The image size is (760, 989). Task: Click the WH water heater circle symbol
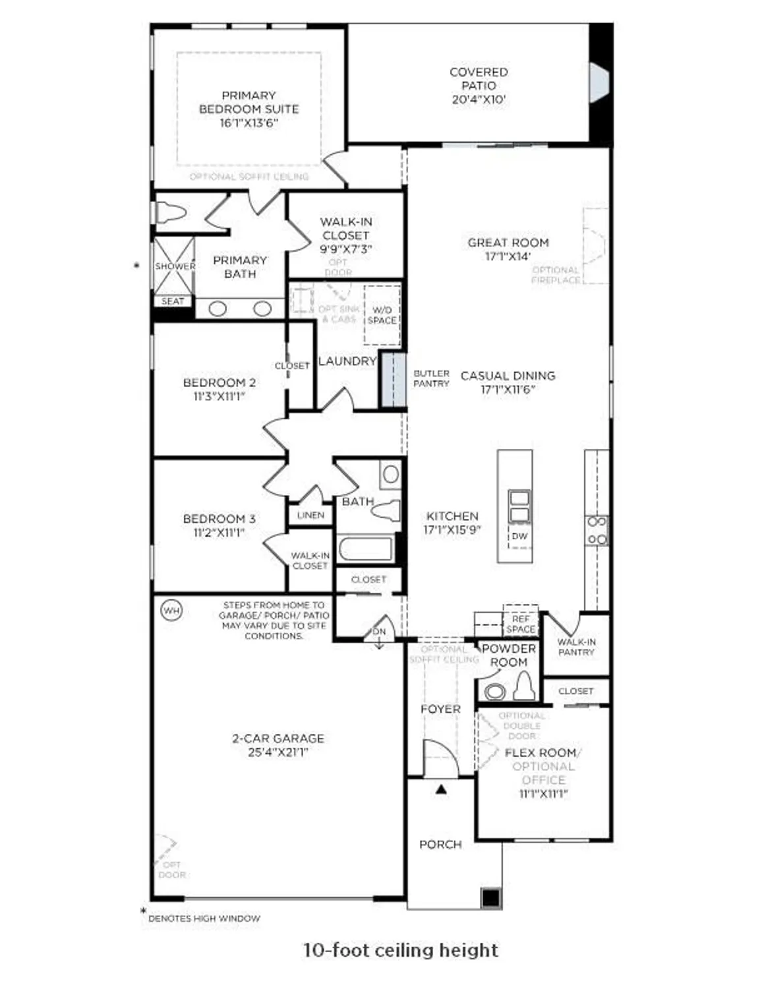171,611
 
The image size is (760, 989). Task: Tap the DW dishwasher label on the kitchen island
519,536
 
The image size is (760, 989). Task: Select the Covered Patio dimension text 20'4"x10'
479,100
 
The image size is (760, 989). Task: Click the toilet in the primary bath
171,213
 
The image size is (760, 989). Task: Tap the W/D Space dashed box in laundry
382,315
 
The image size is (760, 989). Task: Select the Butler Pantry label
431,378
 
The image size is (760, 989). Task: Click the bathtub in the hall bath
365,549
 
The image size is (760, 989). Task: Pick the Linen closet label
310,515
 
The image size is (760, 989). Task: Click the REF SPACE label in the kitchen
521,624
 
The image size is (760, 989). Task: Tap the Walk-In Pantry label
576,647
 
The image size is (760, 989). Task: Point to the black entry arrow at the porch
441,789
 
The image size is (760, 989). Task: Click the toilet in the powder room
523,686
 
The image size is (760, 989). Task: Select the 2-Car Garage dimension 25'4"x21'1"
278,752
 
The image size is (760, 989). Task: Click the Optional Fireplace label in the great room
556,275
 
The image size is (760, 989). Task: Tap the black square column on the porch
490,898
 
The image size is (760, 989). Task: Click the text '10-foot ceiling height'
400,950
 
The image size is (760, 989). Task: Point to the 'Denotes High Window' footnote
204,918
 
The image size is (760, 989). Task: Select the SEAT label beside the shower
173,301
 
